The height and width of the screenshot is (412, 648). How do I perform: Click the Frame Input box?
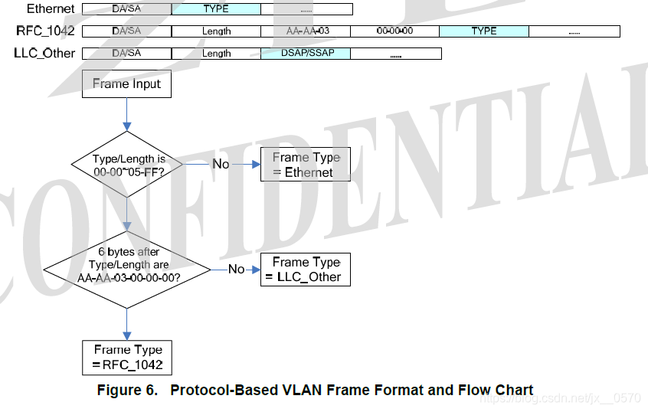(126, 84)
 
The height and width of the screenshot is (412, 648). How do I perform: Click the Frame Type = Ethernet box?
(306, 165)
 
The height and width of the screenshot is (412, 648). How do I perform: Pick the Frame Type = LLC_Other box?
(306, 269)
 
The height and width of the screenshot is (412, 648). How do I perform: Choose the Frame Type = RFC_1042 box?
(128, 358)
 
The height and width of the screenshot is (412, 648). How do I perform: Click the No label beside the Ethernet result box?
(221, 164)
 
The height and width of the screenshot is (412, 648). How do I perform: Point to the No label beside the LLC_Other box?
(237, 269)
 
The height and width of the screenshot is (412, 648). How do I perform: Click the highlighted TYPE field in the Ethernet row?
(216, 9)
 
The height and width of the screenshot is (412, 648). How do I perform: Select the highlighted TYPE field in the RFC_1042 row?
(484, 31)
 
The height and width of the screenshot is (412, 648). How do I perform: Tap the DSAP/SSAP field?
(306, 54)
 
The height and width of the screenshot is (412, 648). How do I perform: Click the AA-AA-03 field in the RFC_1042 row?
(306, 31)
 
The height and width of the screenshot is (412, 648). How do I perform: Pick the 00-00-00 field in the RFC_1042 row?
(395, 31)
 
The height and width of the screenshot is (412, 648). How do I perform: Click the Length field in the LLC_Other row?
(217, 54)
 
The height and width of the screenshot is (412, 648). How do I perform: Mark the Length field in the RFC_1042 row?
(217, 31)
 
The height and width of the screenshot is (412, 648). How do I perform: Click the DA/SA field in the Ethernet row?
(126, 9)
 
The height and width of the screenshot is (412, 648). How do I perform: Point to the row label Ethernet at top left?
(51, 9)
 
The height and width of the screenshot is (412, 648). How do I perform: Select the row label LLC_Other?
(44, 54)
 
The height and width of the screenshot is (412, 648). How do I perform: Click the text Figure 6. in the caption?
(127, 391)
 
